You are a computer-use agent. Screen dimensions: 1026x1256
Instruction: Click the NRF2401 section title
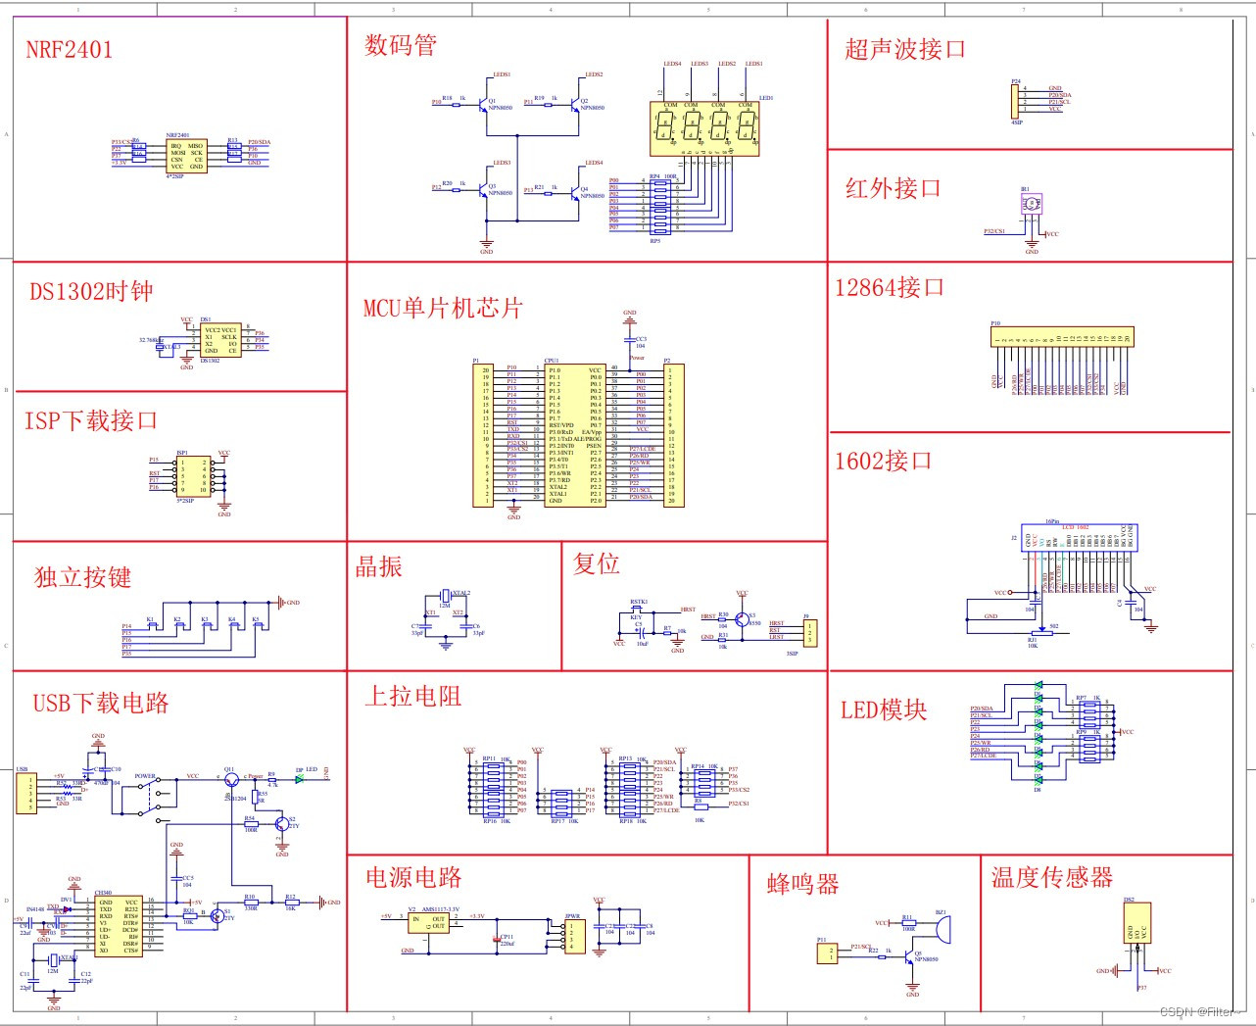(69, 50)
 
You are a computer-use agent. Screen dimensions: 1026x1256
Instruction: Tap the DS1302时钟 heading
(91, 291)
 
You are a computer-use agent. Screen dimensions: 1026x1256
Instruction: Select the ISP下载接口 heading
(91, 420)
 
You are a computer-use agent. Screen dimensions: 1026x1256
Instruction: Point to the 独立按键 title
(82, 577)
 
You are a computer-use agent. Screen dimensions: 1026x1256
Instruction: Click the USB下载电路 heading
(101, 703)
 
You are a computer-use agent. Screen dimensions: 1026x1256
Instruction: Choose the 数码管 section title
(401, 45)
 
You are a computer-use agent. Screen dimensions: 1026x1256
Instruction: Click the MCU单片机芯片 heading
(443, 308)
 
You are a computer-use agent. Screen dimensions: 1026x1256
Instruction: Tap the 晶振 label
(378, 566)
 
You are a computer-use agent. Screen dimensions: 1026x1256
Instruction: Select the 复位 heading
(597, 563)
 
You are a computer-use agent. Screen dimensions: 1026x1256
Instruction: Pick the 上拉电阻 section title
(412, 696)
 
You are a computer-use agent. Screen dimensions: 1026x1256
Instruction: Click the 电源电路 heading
(413, 877)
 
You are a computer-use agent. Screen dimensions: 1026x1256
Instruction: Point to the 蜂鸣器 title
(803, 884)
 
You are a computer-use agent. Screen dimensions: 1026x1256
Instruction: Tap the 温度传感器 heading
(1052, 877)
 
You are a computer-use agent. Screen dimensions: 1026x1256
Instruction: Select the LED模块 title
(884, 709)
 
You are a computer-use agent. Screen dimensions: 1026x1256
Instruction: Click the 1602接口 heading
(883, 461)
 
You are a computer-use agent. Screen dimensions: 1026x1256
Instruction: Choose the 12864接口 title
(890, 287)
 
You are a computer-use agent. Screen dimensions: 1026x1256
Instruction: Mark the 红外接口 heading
(893, 188)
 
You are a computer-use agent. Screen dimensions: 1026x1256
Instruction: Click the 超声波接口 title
(905, 49)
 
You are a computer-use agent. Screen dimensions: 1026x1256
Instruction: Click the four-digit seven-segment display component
(704, 128)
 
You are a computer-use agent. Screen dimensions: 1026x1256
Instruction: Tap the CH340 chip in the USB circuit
(118, 926)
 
